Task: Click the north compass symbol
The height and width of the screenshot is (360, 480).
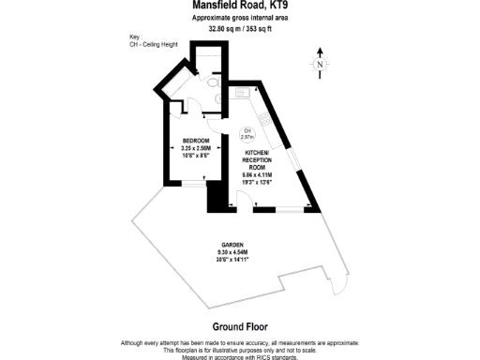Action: pyautogui.click(x=320, y=64)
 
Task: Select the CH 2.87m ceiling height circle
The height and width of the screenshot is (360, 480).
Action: pyautogui.click(x=248, y=134)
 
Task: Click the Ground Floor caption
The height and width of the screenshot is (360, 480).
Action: pyautogui.click(x=240, y=326)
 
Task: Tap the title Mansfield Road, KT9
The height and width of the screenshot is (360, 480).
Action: pyautogui.click(x=241, y=6)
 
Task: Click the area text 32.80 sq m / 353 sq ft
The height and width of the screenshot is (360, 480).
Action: pyautogui.click(x=240, y=29)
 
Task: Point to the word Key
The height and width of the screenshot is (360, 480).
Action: pyautogui.click(x=136, y=37)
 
